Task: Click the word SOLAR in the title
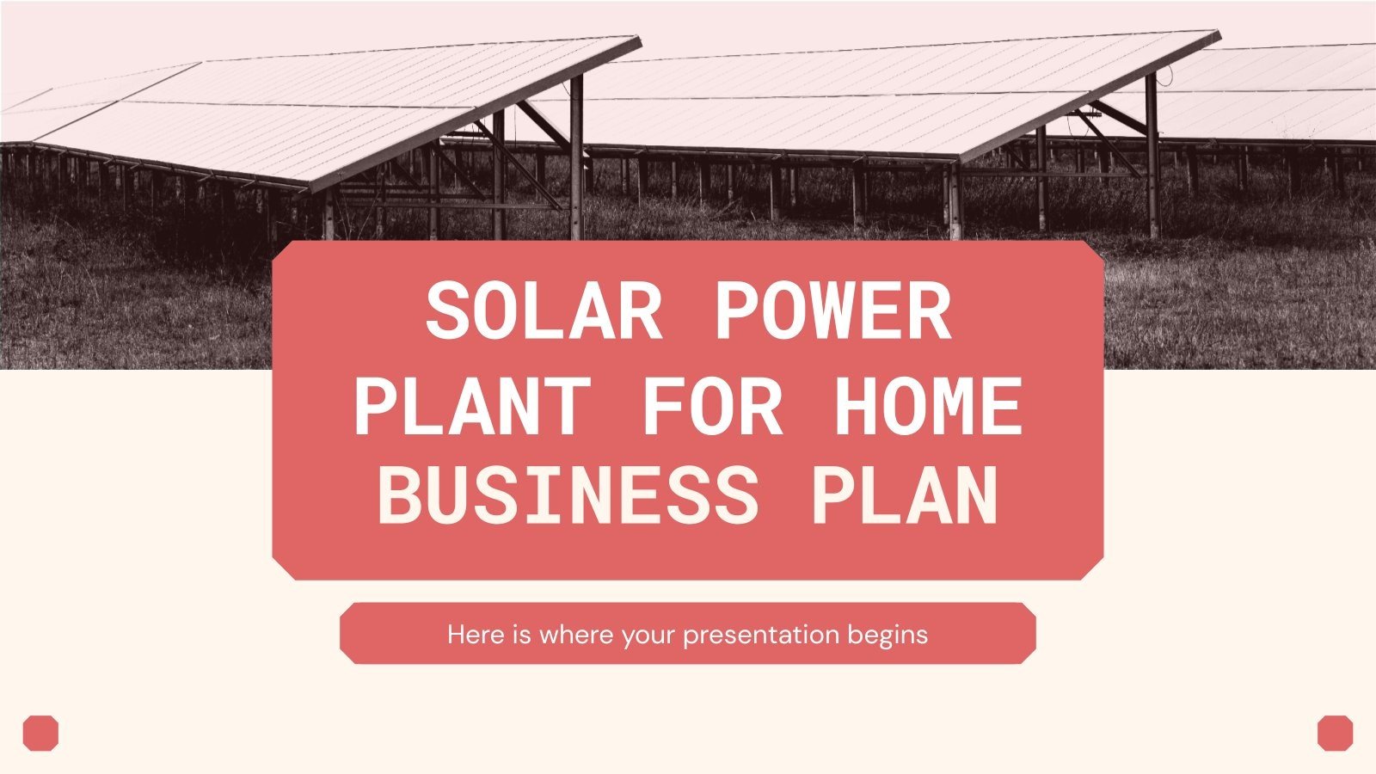coord(544,311)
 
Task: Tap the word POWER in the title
coord(832,311)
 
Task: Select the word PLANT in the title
coord(470,406)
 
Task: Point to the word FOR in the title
coord(712,406)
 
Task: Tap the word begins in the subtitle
coord(888,636)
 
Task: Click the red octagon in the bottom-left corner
coord(40,733)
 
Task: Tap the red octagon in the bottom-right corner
coord(1335,733)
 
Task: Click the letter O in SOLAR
coord(497,311)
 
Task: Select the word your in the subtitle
coord(649,636)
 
